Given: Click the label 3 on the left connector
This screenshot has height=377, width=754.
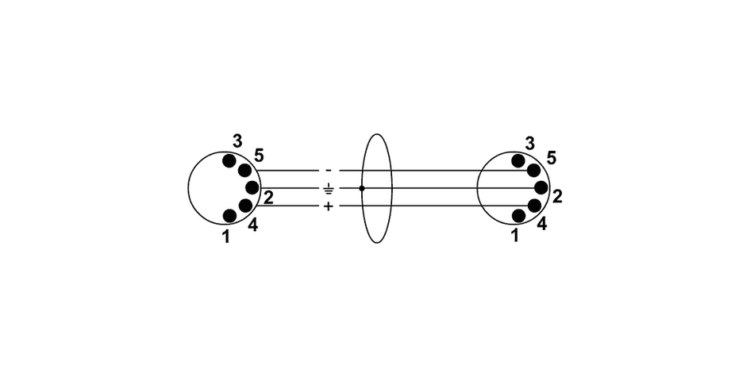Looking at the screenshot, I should pos(237,141).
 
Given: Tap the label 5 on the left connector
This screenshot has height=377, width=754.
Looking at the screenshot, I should pos(260,154).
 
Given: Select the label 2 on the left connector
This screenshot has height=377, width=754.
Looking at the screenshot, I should pos(268,198).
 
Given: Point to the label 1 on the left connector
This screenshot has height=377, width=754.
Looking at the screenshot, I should pos(226,236).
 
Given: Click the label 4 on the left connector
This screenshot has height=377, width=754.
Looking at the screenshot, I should pos(252,225).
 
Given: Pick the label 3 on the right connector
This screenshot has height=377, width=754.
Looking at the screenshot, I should pos(530,143).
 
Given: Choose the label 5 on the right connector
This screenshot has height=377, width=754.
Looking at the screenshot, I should pos(551,157).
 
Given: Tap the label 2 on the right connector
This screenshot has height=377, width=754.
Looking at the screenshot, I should pos(557,196).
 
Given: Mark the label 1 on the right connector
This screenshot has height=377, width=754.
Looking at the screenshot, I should pos(515,236).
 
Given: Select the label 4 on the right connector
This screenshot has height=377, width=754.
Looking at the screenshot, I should pos(541,225).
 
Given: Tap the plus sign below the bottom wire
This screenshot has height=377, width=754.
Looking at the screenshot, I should pos(329,206).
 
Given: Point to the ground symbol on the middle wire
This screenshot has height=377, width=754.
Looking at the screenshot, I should pos(329,189).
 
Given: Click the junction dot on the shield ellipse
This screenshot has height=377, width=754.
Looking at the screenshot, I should pos(362,188).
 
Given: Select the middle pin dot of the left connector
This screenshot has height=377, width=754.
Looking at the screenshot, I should pos(252,188).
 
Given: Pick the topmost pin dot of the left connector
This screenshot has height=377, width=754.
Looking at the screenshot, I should pos(229,161).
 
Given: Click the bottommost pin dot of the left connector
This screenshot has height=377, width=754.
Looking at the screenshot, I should pos(229,215).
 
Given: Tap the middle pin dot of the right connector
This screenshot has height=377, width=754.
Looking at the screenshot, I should pos(541,188).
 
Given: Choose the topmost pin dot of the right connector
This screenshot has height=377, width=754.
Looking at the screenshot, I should pos(518,161).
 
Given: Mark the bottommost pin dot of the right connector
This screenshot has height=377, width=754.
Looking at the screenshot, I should pos(518,215).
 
